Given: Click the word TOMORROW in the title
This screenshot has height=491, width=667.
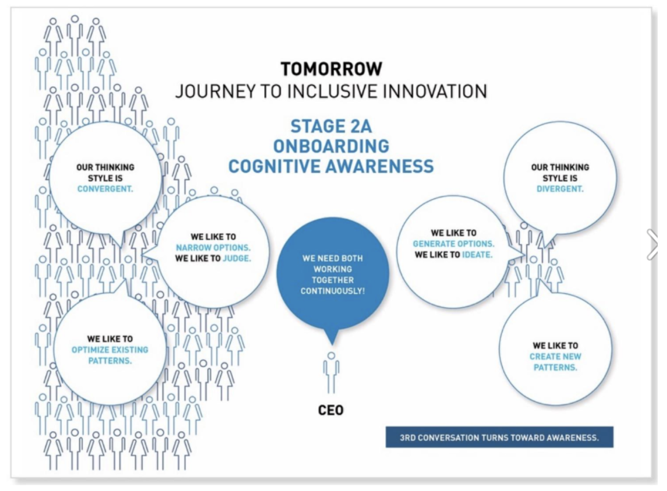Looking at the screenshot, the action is click(x=331, y=69).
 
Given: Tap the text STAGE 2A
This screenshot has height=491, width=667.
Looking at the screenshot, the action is click(x=331, y=126).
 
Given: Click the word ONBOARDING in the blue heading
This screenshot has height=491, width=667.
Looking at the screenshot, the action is click(x=331, y=145).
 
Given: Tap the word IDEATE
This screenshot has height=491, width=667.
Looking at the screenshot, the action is click(x=477, y=254).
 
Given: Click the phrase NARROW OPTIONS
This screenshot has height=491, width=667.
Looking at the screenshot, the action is click(x=214, y=248).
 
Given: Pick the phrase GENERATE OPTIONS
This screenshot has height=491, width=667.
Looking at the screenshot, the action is click(x=454, y=244).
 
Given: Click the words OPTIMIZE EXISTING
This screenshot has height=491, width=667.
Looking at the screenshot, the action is click(x=110, y=350).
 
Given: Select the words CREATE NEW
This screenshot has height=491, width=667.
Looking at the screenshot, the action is click(x=555, y=357).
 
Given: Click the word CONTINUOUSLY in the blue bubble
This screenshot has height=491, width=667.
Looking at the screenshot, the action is click(x=332, y=290).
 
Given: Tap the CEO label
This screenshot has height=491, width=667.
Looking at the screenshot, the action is click(x=331, y=411).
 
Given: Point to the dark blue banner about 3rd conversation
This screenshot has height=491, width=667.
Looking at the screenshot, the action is click(x=499, y=437).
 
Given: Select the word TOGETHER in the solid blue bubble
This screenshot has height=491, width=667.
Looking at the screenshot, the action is click(x=332, y=279).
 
